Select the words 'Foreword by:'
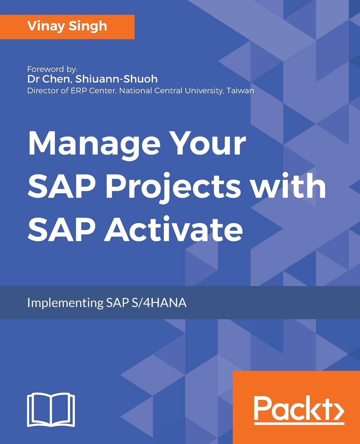click(x=52, y=69)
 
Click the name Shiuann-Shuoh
click(x=117, y=79)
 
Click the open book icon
click(x=51, y=409)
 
